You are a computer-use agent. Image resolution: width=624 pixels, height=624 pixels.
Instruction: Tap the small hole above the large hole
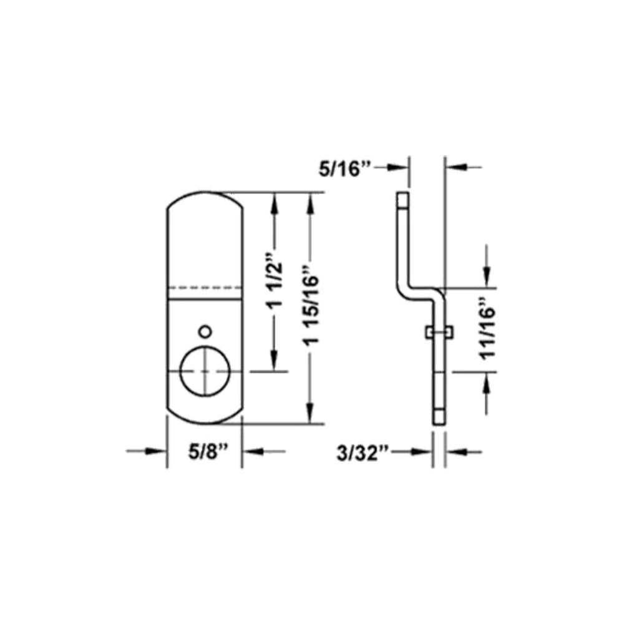tap(203, 330)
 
